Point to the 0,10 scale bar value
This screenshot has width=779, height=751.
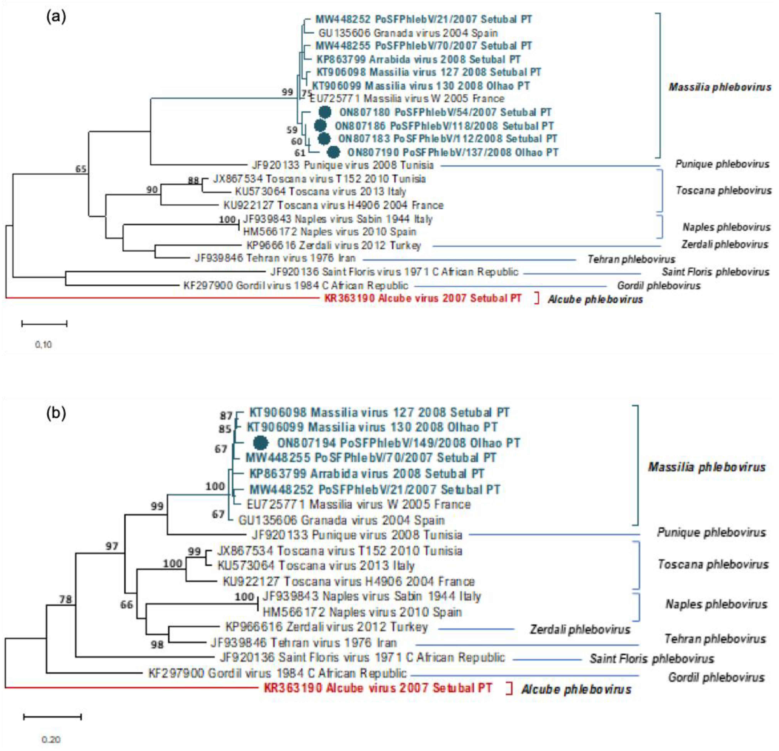(x=43, y=344)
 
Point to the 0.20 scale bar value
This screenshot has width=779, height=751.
(x=51, y=739)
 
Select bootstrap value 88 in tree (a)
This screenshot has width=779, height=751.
(x=193, y=181)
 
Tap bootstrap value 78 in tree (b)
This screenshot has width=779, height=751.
(x=65, y=599)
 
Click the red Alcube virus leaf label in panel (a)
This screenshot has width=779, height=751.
(x=422, y=298)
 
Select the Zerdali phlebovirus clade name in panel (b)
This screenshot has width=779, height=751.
(x=580, y=629)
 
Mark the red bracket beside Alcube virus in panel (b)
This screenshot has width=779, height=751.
(x=510, y=688)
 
